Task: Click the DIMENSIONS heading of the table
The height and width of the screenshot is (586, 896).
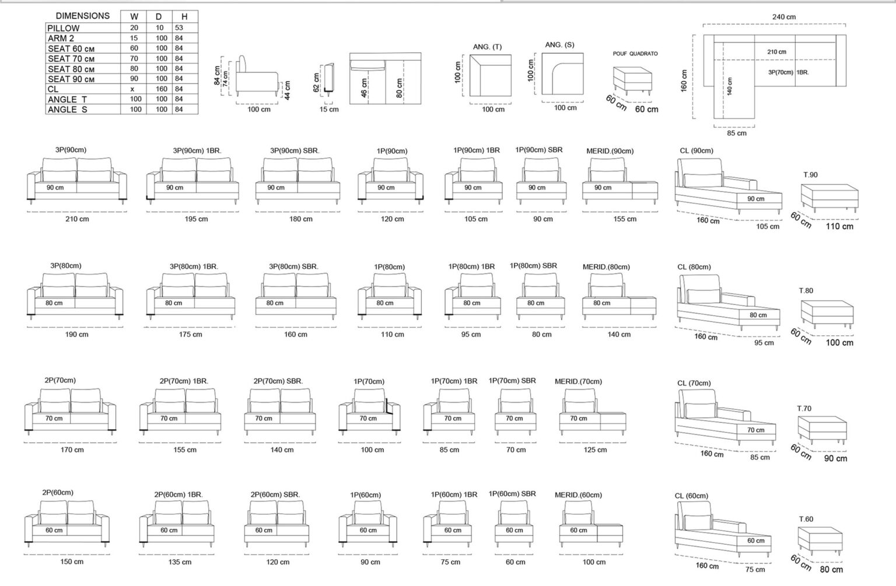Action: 82,16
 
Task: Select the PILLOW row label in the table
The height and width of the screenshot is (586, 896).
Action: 63,28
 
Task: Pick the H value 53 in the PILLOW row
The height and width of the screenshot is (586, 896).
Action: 179,27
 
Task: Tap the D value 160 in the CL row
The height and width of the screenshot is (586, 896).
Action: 162,89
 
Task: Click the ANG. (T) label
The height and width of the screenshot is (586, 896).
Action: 487,47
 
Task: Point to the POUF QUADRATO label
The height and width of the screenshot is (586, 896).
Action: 635,54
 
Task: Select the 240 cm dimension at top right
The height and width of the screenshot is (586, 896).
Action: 784,17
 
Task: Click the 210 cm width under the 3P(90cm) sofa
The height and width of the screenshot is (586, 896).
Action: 77,219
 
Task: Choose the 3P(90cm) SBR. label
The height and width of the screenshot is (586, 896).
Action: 295,150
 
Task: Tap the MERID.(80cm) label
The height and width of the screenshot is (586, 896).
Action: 606,266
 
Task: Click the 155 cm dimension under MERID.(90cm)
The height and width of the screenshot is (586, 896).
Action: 625,219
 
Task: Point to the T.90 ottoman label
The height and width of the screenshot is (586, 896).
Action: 810,175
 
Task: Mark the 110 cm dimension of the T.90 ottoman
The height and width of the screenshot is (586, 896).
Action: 839,226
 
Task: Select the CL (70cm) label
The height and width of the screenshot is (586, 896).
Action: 694,383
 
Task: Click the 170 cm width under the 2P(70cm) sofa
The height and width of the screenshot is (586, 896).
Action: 72,450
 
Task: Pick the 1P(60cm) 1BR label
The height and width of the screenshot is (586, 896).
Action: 454,494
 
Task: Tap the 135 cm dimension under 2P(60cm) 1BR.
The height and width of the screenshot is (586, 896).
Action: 180,562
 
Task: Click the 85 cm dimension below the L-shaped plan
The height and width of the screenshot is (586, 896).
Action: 736,133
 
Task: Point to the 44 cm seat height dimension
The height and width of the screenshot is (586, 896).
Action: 287,90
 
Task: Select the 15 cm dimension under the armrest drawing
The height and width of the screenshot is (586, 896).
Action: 329,109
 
